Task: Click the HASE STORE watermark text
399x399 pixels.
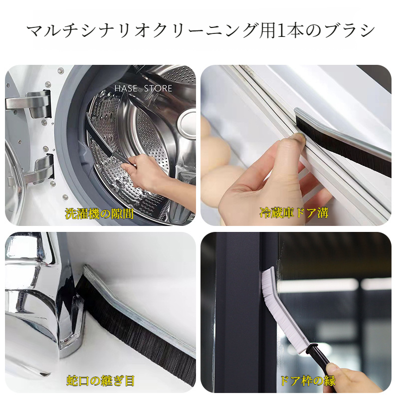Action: pyautogui.click(x=143, y=89)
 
